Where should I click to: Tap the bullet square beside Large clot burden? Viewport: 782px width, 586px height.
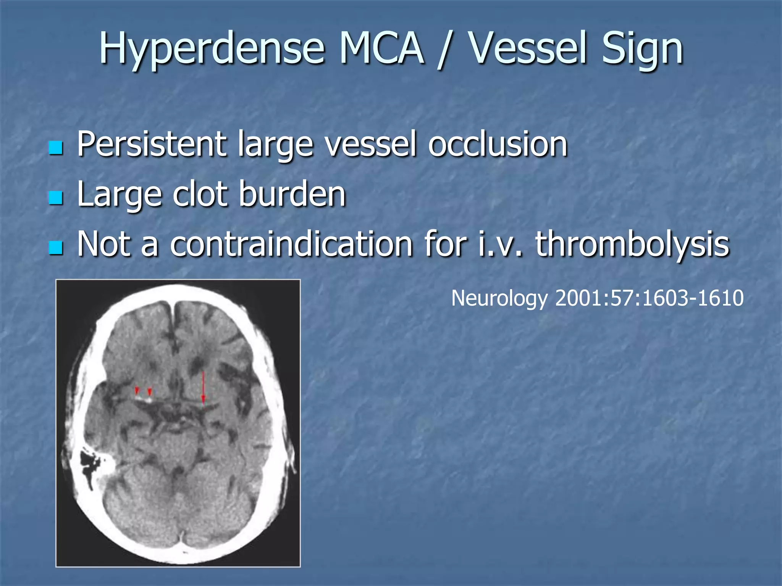click(56, 198)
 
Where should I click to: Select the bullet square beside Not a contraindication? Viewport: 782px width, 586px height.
click(56, 248)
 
